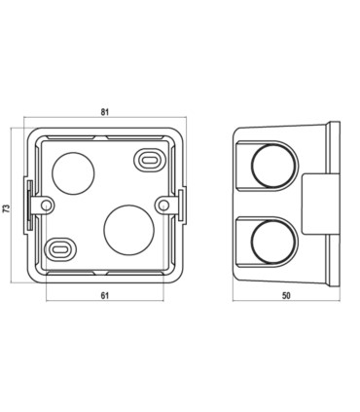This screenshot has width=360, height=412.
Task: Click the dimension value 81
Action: [104, 112]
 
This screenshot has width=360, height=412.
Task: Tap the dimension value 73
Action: [7, 208]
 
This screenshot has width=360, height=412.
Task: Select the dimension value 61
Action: [104, 295]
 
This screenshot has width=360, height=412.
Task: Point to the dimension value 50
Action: [286, 295]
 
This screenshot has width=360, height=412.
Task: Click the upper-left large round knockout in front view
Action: [73, 173]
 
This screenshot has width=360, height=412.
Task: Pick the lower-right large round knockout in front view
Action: [128, 230]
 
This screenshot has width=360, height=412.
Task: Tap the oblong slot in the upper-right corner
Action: [149, 160]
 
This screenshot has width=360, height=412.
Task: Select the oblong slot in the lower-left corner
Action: [60, 249]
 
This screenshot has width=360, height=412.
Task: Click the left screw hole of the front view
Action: [48, 205]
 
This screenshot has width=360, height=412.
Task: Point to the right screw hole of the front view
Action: [164, 205]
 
